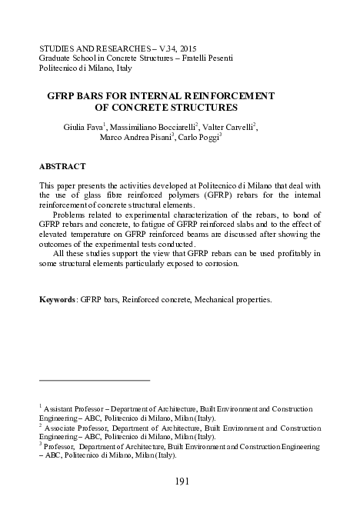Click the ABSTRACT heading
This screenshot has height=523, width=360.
[62, 166]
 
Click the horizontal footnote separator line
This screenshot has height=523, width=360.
[95, 380]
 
